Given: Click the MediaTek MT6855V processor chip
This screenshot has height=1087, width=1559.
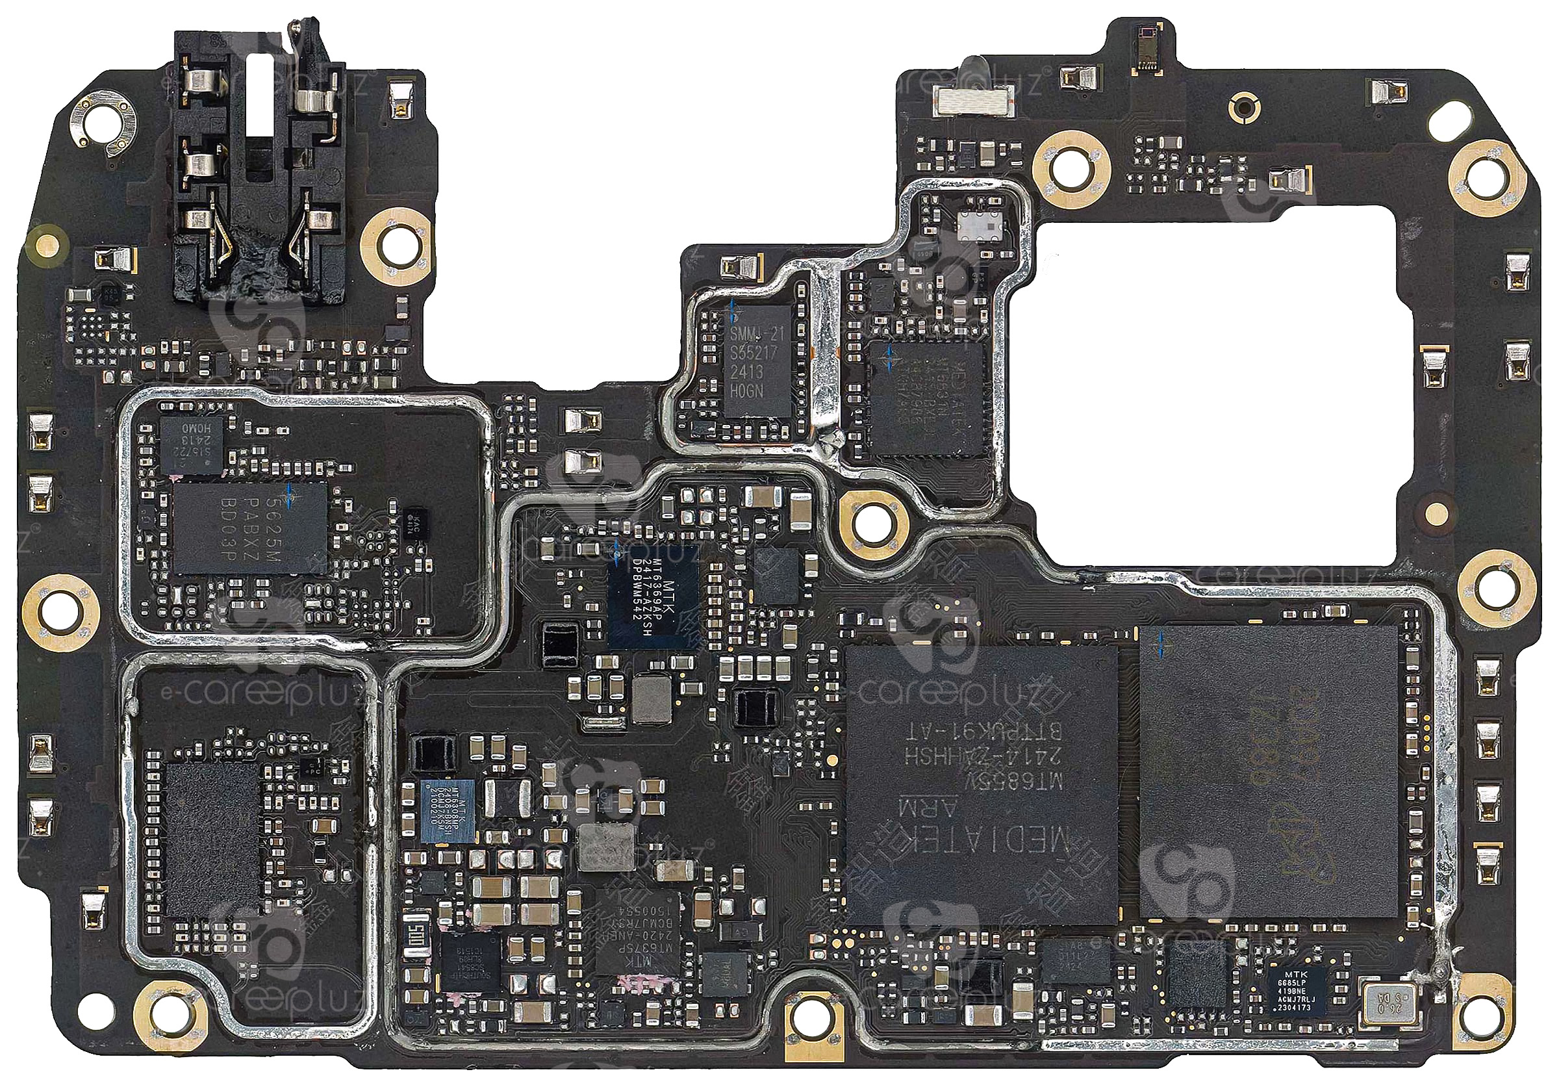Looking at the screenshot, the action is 982,784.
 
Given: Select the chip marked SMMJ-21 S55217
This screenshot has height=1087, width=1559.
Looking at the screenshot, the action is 758,361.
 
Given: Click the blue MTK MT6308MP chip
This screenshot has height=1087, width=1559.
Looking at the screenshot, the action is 446,812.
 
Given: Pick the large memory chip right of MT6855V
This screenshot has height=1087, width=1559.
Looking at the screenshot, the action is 1270,771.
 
